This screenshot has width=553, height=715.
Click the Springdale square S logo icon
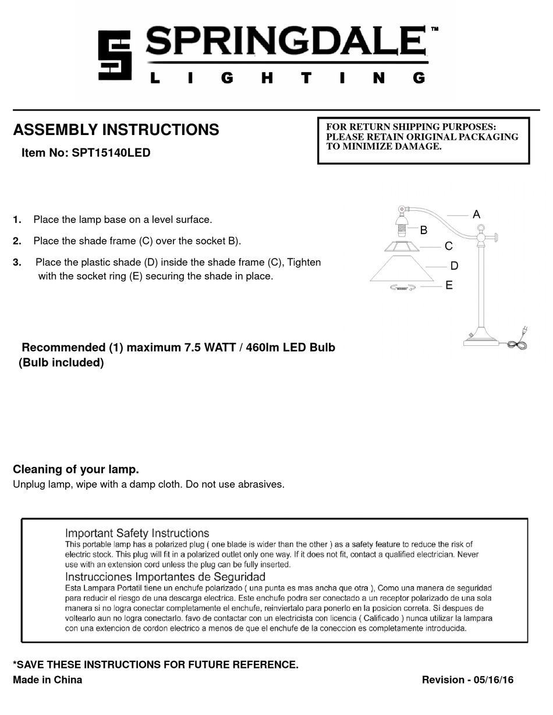114,56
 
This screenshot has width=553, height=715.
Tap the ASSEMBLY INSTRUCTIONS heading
116,130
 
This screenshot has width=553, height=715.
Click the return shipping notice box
423,140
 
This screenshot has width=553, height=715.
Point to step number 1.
17,220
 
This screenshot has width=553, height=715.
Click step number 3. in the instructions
17,263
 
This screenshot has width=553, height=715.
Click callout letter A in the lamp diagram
476,214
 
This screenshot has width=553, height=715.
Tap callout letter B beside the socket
424,230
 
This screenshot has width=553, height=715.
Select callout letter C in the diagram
448,246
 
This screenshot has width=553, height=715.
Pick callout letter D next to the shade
454,266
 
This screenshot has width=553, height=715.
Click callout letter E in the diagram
449,285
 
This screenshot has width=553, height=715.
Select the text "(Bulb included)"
61,363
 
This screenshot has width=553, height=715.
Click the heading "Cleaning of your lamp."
76,469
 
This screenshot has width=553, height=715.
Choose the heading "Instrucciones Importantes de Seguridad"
165,577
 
